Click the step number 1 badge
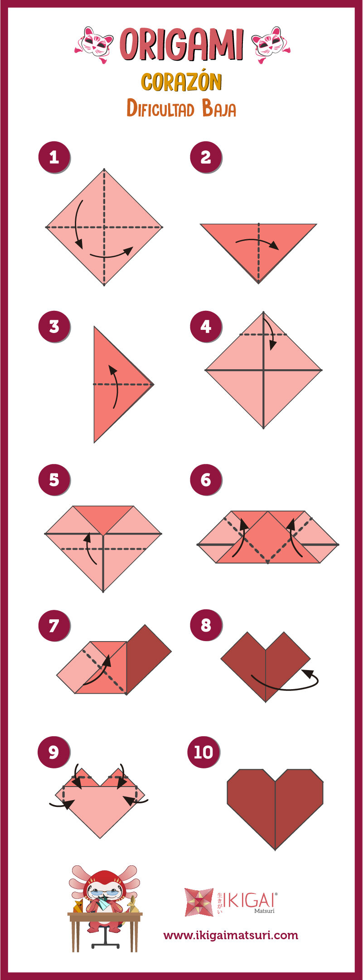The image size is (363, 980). point(54,158)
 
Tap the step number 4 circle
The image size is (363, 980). point(206,326)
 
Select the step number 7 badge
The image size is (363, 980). point(54,625)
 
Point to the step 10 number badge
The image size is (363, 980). point(203,752)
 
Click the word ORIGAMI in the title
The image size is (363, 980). point(182,44)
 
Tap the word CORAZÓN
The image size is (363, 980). point(181,82)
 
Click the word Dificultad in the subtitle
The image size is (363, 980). point(161,109)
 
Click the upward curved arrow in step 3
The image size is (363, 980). point(115,385)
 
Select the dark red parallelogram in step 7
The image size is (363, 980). point(149,659)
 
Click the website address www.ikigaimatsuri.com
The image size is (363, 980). point(231,935)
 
